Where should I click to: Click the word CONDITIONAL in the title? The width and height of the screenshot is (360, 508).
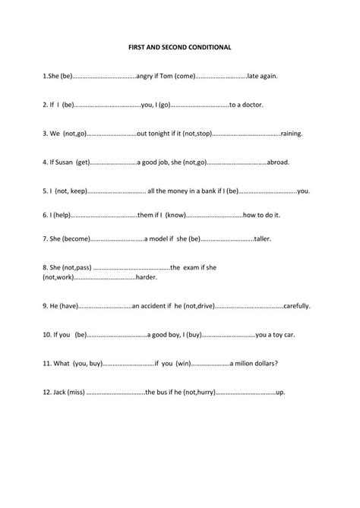pos(211,47)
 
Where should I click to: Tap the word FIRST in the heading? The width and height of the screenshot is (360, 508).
pos(140,47)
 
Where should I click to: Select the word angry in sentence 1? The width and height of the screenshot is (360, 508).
pos(147,76)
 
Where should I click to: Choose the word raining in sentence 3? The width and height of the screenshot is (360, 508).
pos(292,133)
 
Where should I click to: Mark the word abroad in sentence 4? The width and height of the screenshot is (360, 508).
pos(279,162)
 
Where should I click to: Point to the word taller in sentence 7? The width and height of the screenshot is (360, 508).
pos(263,238)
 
